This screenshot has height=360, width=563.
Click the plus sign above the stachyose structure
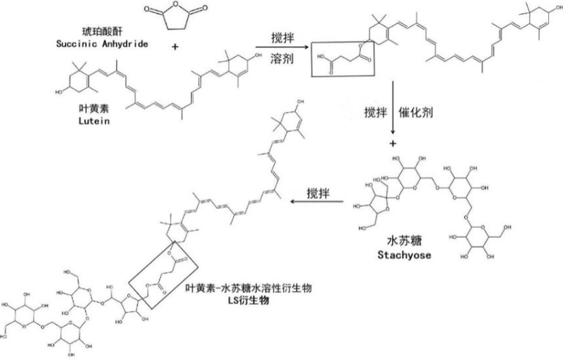click(x=393, y=145)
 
